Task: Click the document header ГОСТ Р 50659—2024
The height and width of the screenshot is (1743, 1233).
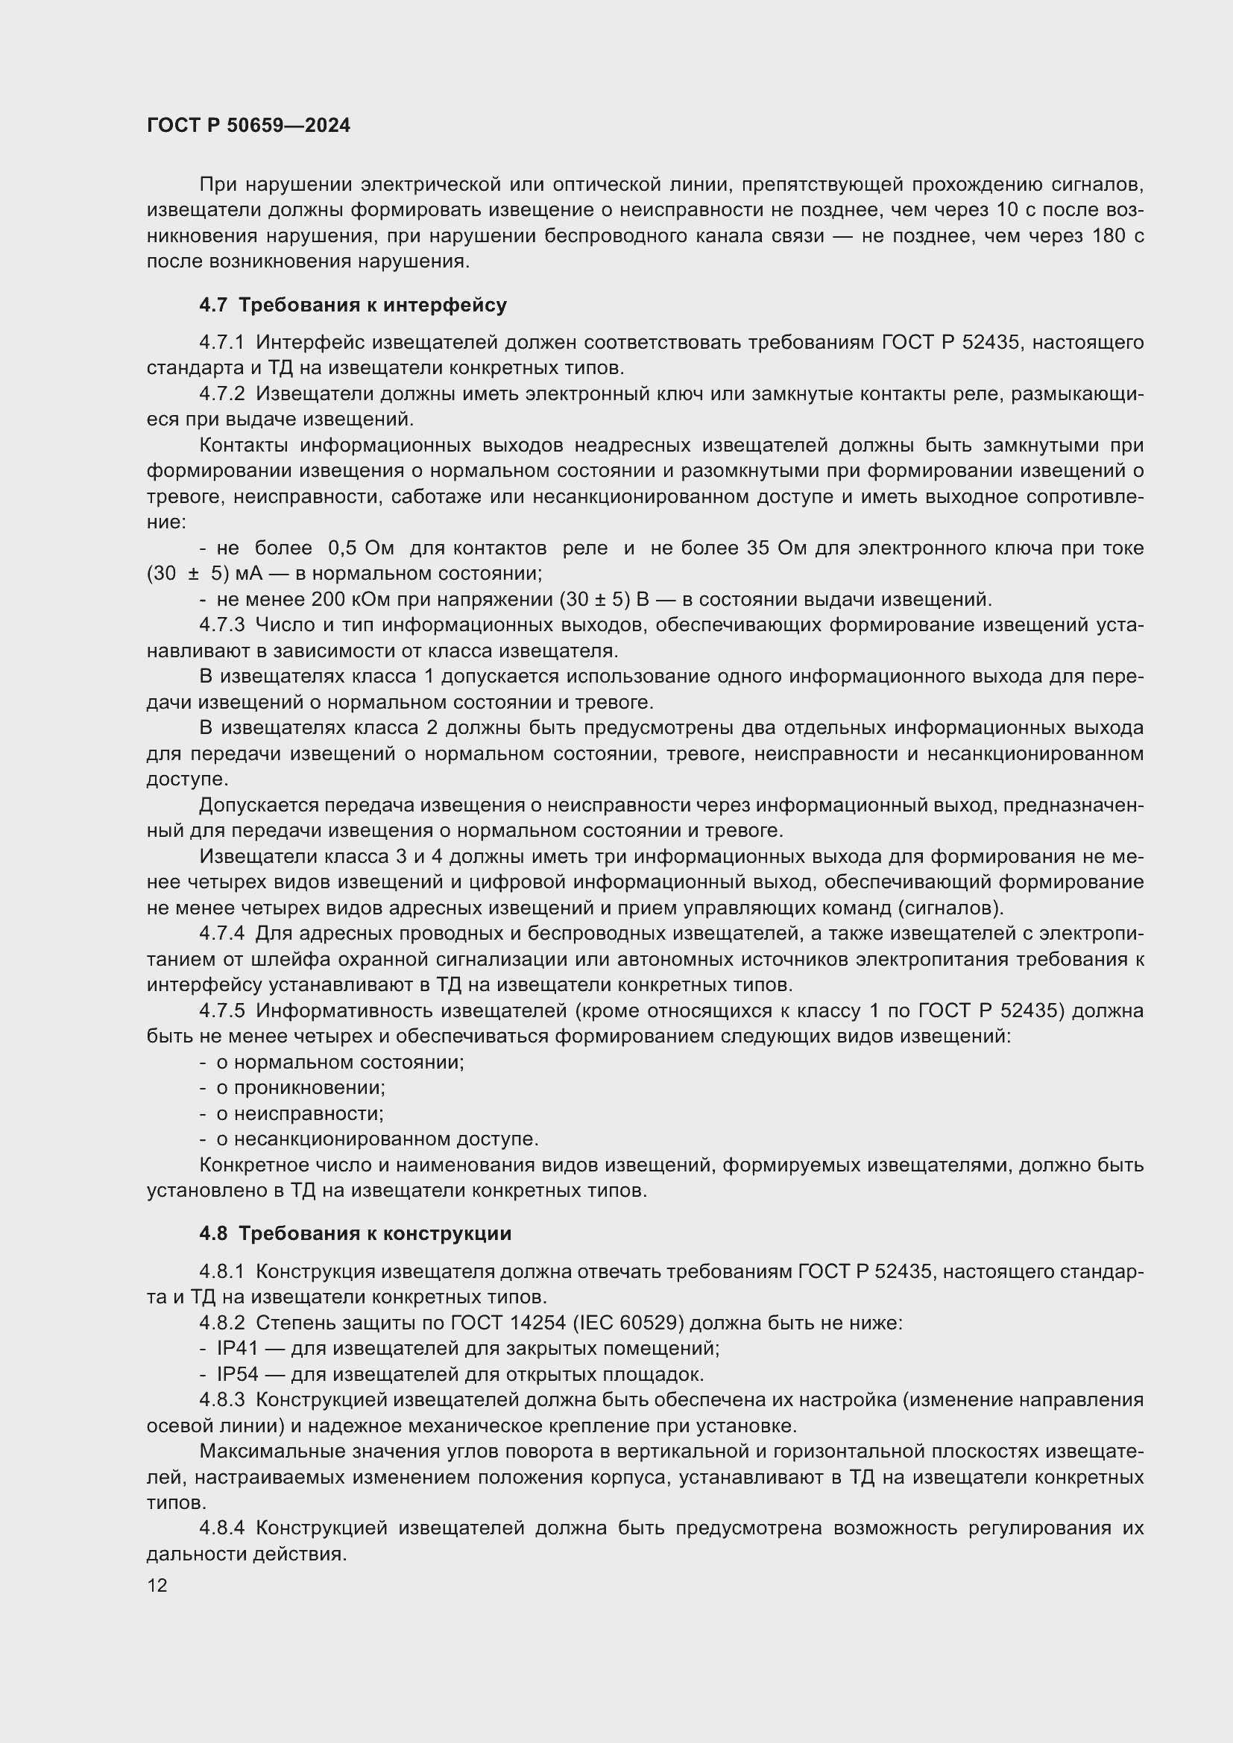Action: [x=248, y=126]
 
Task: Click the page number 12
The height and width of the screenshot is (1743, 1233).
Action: [x=157, y=1585]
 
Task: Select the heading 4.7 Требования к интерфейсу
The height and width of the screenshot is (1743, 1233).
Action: [x=353, y=306]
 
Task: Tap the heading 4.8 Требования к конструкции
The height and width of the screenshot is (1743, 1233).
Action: [x=356, y=1233]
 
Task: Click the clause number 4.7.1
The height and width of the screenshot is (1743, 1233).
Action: [x=221, y=342]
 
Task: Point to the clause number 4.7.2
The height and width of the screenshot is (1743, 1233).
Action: [x=221, y=394]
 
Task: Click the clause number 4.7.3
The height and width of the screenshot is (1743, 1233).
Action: [x=221, y=624]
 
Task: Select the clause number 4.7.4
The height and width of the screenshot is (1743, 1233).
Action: [x=221, y=933]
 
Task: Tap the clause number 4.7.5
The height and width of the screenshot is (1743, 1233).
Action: [x=221, y=1010]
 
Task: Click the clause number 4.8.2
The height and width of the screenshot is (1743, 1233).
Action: [x=221, y=1323]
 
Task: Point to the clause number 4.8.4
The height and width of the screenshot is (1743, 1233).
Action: [x=221, y=1528]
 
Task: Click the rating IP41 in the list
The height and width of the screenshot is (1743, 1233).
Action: [x=237, y=1349]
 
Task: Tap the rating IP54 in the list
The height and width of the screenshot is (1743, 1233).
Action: [x=237, y=1375]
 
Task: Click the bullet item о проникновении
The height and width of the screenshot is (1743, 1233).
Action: [x=300, y=1088]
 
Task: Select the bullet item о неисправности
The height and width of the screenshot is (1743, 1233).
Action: [x=300, y=1113]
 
